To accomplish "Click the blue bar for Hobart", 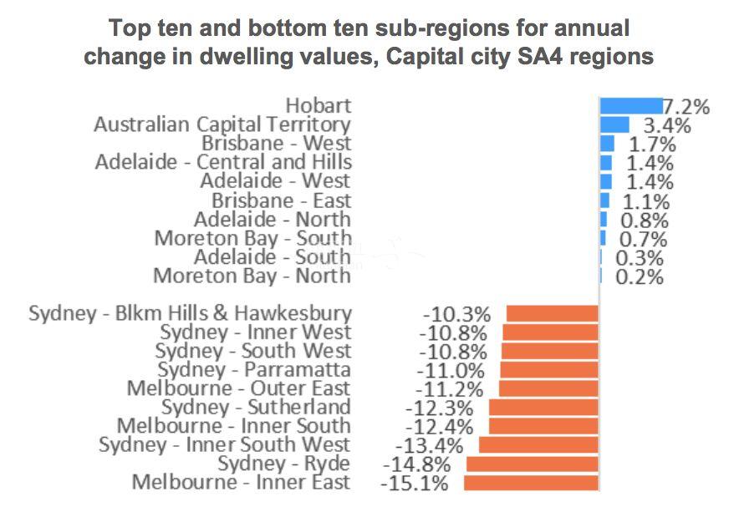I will pos(630,106).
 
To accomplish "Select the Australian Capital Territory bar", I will pos(614,124).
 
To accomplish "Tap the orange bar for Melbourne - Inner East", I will pos(531,483).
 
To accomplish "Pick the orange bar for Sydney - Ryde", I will pos(533,464).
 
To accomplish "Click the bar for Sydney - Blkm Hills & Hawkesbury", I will pos(553,314).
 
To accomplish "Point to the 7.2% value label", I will pos(686,107).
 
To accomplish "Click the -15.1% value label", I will pos(414,484).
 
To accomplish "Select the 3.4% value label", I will pos(666,126).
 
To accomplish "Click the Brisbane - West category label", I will pos(276,144).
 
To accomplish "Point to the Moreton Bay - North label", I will pos(252,276).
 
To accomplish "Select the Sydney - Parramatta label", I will pos(254,370).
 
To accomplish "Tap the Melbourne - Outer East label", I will pos(239,388).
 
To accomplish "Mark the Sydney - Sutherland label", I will pos(256,408).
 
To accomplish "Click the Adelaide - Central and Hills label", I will pos(223,162).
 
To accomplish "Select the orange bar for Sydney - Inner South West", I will pos(538,445).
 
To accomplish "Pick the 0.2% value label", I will pos(640,276).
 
